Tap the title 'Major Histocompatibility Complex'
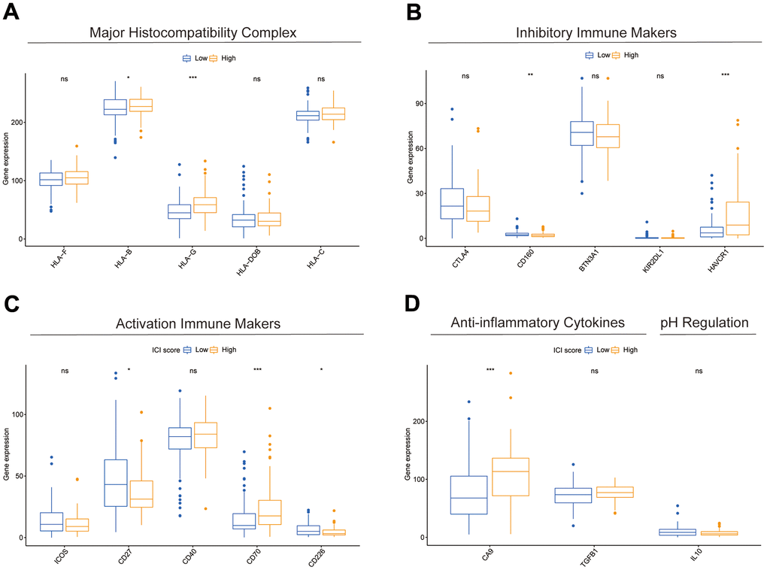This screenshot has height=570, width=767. coord(193,33)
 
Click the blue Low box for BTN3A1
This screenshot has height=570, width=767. coord(582,133)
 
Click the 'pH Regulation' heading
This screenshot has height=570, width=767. coord(705,323)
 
